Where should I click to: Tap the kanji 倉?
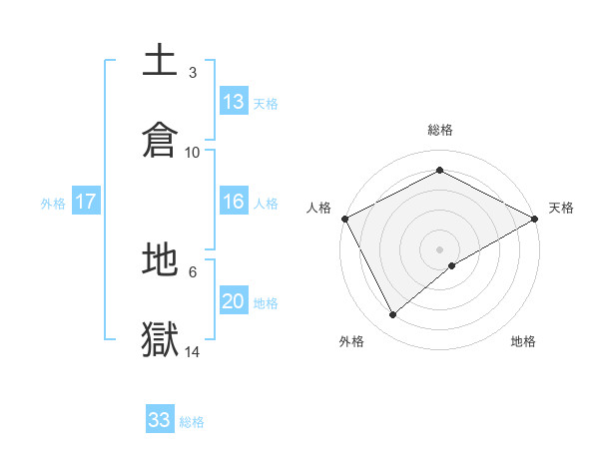[x=161, y=141]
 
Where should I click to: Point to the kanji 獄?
[x=161, y=339]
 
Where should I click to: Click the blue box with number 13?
[x=234, y=102]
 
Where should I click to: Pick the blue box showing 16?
[x=234, y=202]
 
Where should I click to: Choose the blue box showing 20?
[x=234, y=301]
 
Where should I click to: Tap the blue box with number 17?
[x=86, y=202]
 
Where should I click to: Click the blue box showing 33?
[x=160, y=420]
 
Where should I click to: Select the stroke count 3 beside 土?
[x=193, y=73]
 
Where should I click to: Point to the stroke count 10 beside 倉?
[x=193, y=153]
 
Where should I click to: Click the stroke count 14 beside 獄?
[x=193, y=351]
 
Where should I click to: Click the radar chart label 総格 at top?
[x=440, y=130]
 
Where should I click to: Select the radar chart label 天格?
[x=561, y=208]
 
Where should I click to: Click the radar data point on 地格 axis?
[x=452, y=265]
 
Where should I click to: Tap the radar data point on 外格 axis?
[x=393, y=314]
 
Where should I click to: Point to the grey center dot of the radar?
[x=440, y=248]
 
